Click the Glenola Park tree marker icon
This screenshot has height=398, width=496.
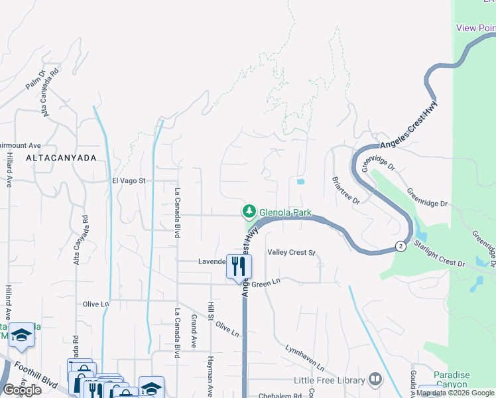pos(249,212)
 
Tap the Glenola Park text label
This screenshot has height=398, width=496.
pos(284,212)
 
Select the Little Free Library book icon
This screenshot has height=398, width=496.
pos(376,380)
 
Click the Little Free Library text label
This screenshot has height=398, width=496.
pos(330,381)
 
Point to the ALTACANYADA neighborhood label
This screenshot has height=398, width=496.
pos(61,158)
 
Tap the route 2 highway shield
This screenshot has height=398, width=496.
pos(401,247)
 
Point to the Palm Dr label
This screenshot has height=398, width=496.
pos(34,80)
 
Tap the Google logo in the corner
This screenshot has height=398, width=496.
pos(22,390)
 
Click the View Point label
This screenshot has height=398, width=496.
pos(476,28)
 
